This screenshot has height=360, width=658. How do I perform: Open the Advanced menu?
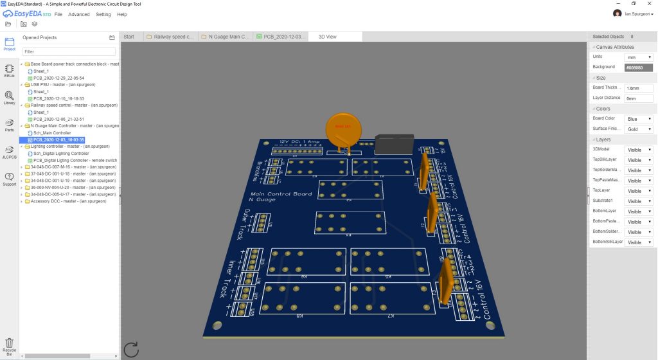pyautogui.click(x=79, y=14)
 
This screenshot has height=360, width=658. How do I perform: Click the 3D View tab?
pyautogui.click(x=327, y=37)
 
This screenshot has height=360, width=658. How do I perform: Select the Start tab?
pyautogui.click(x=129, y=37)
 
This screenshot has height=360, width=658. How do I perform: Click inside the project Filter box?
pyautogui.click(x=69, y=51)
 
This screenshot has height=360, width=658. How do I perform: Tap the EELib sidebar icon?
pyautogui.click(x=9, y=71)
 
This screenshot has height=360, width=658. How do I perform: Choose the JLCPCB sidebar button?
pyautogui.click(x=9, y=152)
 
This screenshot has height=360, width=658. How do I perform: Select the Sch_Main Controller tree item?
pyautogui.click(x=52, y=132)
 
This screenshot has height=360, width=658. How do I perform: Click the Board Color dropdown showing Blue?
pyautogui.click(x=639, y=119)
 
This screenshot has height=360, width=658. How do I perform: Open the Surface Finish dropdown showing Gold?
pyautogui.click(x=639, y=129)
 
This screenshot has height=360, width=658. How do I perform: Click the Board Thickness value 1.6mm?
pyautogui.click(x=638, y=87)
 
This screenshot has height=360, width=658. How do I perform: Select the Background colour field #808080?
pyautogui.click(x=638, y=67)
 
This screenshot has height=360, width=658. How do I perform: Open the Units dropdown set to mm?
pyautogui.click(x=639, y=57)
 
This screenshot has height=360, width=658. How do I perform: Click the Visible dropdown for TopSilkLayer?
pyautogui.click(x=639, y=160)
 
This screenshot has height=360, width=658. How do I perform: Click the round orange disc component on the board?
pyautogui.click(x=346, y=128)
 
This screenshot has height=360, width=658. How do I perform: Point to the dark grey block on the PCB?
pyautogui.click(x=393, y=145)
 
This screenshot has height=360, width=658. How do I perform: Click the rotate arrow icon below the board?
pyautogui.click(x=131, y=349)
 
